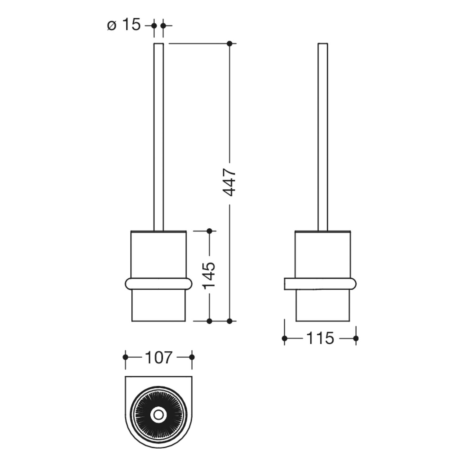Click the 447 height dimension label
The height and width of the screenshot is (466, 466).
click(230, 183)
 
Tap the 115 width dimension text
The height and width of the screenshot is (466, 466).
click(320, 338)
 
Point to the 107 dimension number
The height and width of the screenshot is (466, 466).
click(158, 357)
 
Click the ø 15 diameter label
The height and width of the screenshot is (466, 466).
click(124, 25)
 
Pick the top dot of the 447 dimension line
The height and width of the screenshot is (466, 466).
click(230, 43)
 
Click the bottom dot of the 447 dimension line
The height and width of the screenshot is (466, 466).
click(230, 321)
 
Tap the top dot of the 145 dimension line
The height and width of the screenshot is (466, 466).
click(209, 231)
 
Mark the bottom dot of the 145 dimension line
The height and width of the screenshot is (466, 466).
click(209, 321)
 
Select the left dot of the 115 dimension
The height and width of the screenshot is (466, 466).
click(285, 338)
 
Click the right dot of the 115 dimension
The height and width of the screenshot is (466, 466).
click(356, 338)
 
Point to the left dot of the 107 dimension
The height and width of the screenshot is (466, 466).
click(125, 357)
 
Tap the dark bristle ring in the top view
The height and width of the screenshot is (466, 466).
click(158, 400)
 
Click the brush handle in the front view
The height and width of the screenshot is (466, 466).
click(159, 137)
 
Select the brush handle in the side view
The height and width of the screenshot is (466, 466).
click(323, 137)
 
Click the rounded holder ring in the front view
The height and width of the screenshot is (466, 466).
click(158, 284)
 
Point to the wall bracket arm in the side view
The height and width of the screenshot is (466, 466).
click(320, 284)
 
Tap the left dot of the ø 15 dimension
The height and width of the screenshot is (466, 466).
click(154, 25)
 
